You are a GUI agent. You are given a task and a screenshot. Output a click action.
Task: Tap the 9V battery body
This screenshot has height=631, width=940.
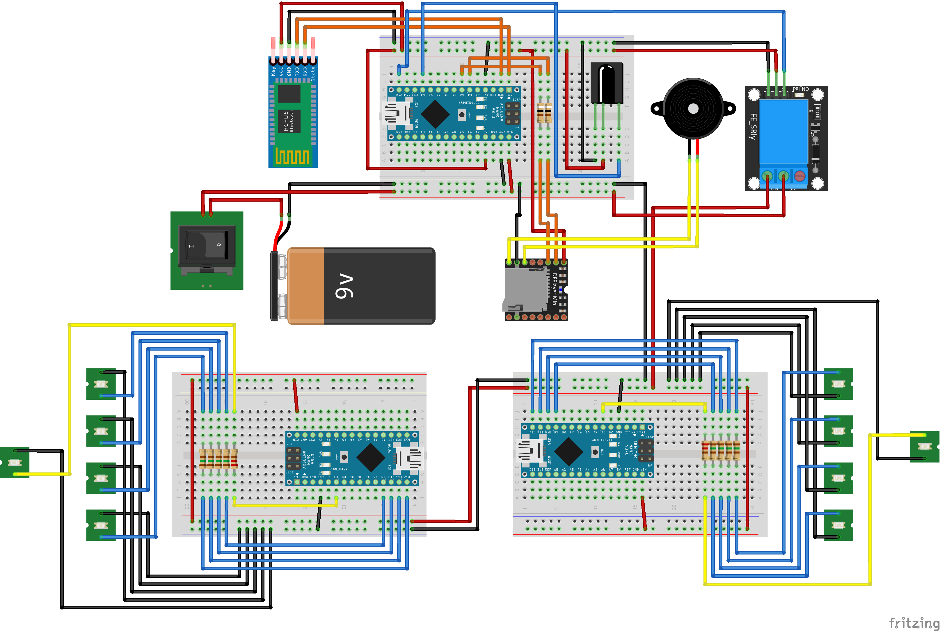pyautogui.click(x=362, y=286)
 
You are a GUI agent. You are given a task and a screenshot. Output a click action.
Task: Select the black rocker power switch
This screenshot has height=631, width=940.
pyautogui.click(x=207, y=246)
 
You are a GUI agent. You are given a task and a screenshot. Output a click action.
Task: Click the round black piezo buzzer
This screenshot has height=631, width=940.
pyautogui.click(x=693, y=109)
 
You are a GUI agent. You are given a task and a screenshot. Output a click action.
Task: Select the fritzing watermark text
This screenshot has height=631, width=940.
pyautogui.click(x=914, y=623)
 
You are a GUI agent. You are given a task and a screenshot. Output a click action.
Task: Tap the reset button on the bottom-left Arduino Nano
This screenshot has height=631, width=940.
pyautogui.click(x=344, y=457)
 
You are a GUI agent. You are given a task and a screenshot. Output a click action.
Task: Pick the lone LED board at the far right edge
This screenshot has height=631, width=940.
pyautogui.click(x=924, y=447)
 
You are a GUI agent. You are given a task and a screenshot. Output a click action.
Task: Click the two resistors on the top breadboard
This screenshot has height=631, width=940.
pyautogui.click(x=544, y=113)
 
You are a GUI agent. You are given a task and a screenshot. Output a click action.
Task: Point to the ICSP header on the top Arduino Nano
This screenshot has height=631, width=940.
pyautogui.click(x=512, y=113)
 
